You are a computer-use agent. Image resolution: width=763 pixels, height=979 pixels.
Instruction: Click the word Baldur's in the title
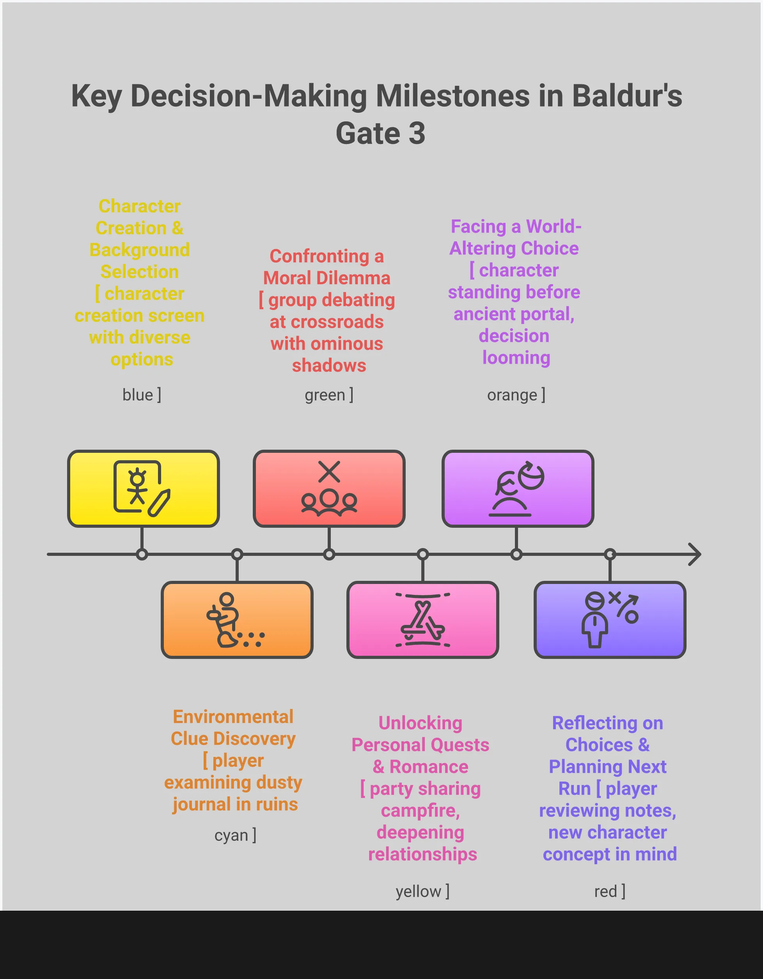point(627,96)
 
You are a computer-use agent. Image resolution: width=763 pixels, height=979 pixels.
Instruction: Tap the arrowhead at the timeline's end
point(694,555)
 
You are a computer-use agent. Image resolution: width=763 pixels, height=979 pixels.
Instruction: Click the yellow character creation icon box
point(144,489)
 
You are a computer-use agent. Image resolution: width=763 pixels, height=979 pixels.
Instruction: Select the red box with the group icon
point(329,489)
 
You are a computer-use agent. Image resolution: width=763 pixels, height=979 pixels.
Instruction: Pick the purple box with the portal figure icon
point(518,489)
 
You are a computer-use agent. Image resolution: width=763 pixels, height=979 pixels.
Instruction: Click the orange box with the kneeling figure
point(237,619)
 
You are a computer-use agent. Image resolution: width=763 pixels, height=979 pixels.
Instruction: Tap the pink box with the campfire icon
point(422,619)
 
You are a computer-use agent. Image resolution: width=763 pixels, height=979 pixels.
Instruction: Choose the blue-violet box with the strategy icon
point(610,619)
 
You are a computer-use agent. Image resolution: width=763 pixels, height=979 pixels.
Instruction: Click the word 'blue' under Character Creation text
point(138,395)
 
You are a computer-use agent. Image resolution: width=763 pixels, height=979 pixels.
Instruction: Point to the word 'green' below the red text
point(325,395)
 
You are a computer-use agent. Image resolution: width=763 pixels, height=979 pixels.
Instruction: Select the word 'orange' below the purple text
point(512,395)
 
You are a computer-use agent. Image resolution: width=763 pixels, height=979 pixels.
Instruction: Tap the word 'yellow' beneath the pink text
point(418,891)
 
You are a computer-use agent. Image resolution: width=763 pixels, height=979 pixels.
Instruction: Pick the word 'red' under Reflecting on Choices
point(605,891)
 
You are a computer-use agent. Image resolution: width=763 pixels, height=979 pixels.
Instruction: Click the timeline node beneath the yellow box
point(142,555)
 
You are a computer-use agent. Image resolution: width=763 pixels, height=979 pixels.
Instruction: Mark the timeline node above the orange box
point(237,555)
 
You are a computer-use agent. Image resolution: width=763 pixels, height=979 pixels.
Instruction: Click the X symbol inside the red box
point(329,472)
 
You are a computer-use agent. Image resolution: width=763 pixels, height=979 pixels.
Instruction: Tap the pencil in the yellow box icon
point(159,503)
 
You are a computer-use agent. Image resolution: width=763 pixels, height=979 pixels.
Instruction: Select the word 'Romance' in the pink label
point(429,767)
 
